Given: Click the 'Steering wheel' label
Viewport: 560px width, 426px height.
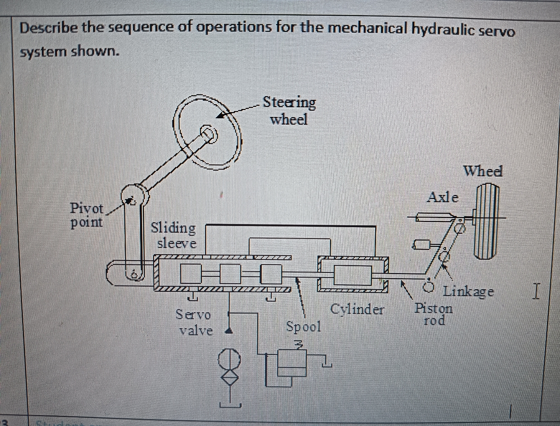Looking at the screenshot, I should [x=289, y=111].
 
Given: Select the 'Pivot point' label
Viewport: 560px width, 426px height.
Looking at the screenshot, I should [x=87, y=215].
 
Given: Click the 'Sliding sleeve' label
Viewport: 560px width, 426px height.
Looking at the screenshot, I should [x=174, y=235].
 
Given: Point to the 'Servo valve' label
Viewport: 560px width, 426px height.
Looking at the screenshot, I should [x=194, y=323].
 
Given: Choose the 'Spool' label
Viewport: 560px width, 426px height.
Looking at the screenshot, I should [x=303, y=327].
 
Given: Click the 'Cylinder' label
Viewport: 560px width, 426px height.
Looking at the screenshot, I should [x=357, y=309].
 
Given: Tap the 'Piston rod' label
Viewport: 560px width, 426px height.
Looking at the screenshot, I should [x=433, y=314].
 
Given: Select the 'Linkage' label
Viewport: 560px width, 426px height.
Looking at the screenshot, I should [x=468, y=291].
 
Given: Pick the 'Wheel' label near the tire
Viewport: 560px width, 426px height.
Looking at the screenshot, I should [x=483, y=171].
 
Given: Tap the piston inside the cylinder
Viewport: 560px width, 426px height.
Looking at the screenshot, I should [x=353, y=275].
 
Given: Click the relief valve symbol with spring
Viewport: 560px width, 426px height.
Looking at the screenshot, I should [x=293, y=362].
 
